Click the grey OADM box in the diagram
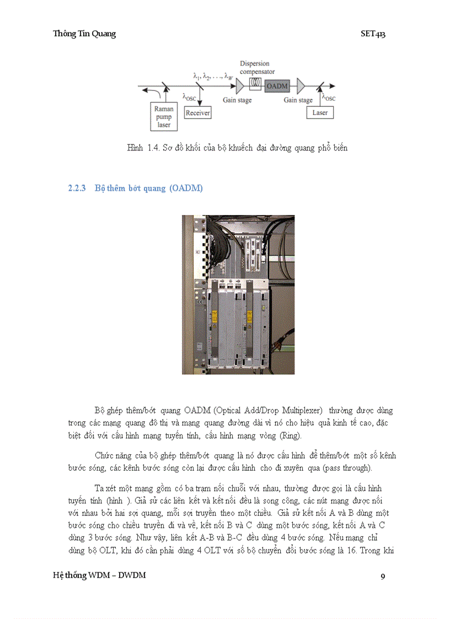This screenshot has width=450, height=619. point(277,86)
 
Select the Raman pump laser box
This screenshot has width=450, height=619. point(163,117)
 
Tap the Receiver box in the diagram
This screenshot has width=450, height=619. point(198,112)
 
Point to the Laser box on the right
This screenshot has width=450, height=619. point(320,112)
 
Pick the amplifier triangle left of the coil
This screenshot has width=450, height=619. point(239,86)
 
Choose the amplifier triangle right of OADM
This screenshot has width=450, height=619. point(300,86)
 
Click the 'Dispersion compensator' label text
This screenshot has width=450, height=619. point(258,68)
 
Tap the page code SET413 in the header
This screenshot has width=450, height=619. point(373,34)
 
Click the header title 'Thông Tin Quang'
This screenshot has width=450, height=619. point(84,34)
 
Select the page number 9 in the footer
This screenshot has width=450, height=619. point(383,577)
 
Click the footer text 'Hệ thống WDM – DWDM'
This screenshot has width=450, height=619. point(99,575)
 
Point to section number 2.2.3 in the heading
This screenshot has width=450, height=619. point(77,189)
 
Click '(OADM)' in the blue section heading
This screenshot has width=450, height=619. point(186,189)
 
